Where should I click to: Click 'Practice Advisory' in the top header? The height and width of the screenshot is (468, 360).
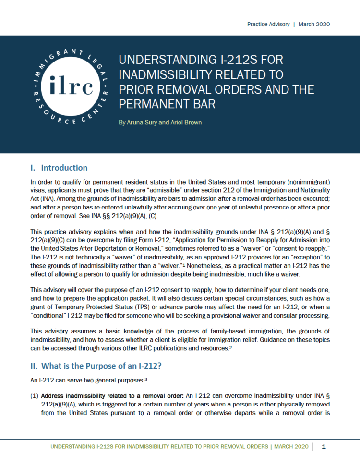click(x=268, y=24)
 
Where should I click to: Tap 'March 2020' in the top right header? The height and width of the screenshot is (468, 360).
click(x=314, y=24)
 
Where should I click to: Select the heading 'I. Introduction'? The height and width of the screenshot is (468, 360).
click(x=59, y=168)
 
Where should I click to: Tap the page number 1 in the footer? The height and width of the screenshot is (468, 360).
click(x=324, y=446)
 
